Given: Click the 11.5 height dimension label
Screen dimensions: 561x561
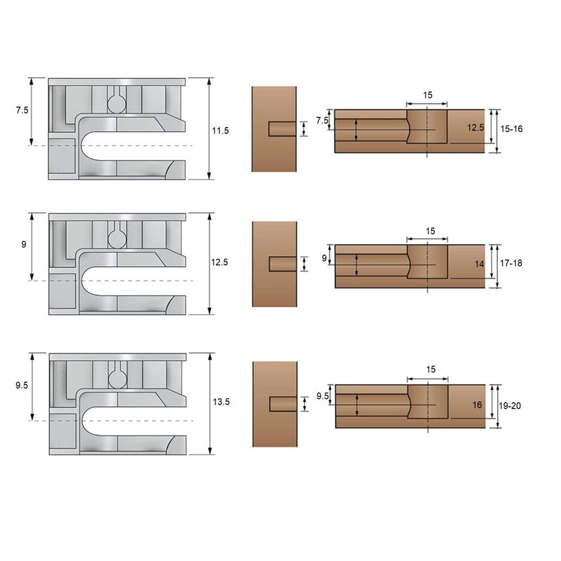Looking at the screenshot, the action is (x=220, y=130).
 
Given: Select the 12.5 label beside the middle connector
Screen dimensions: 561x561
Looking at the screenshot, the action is (x=219, y=262).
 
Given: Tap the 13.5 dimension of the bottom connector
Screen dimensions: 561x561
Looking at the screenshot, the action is (x=221, y=402).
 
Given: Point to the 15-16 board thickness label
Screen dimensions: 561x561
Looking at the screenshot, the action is (x=511, y=129).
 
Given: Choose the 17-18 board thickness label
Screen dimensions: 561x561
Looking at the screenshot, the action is (x=511, y=264).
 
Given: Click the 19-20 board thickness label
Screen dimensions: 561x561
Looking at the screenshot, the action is (x=510, y=406).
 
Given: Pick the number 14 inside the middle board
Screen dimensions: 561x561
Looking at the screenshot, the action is (x=480, y=264).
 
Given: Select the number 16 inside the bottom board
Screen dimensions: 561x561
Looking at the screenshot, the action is (x=478, y=405).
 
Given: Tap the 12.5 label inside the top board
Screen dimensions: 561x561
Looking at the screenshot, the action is (x=475, y=128).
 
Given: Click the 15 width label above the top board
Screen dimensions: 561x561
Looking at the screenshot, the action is (x=428, y=95).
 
